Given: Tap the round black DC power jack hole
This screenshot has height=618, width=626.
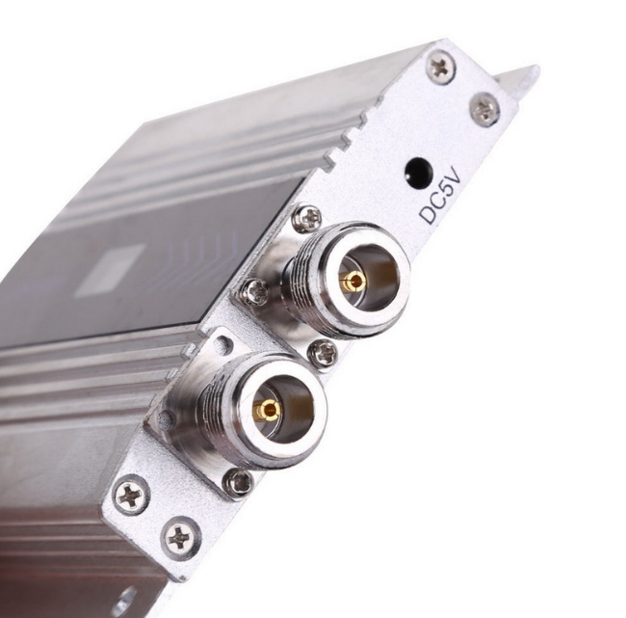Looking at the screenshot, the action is click(x=419, y=173).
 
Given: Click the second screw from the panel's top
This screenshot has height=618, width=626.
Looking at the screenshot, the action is click(x=484, y=108).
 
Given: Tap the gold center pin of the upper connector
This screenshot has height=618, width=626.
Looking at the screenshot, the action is click(x=352, y=281).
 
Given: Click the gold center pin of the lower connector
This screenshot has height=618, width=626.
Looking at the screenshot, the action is click(x=266, y=410).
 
